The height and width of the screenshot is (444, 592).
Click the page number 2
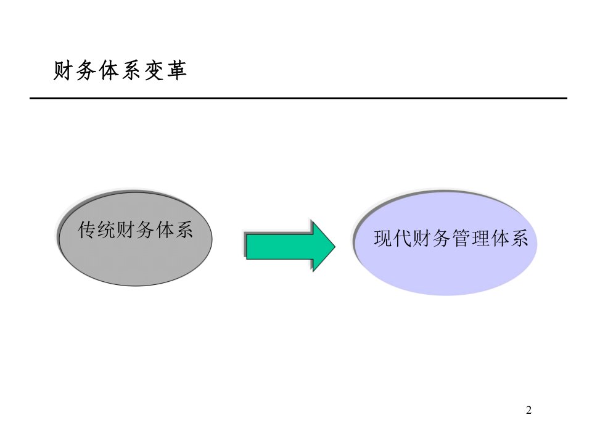point(528,410)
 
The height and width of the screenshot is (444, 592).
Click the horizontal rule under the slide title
point(298,98)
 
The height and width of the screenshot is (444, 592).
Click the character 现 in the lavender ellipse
point(383,238)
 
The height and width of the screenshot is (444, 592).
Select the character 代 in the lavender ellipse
point(403,238)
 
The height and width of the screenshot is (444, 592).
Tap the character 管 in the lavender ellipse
point(461,238)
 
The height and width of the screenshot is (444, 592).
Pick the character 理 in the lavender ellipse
point(481,238)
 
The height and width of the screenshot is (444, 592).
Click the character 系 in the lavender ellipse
point(520,238)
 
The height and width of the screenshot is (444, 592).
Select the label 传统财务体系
point(135,229)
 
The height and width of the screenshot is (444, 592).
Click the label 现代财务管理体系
point(451,238)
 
